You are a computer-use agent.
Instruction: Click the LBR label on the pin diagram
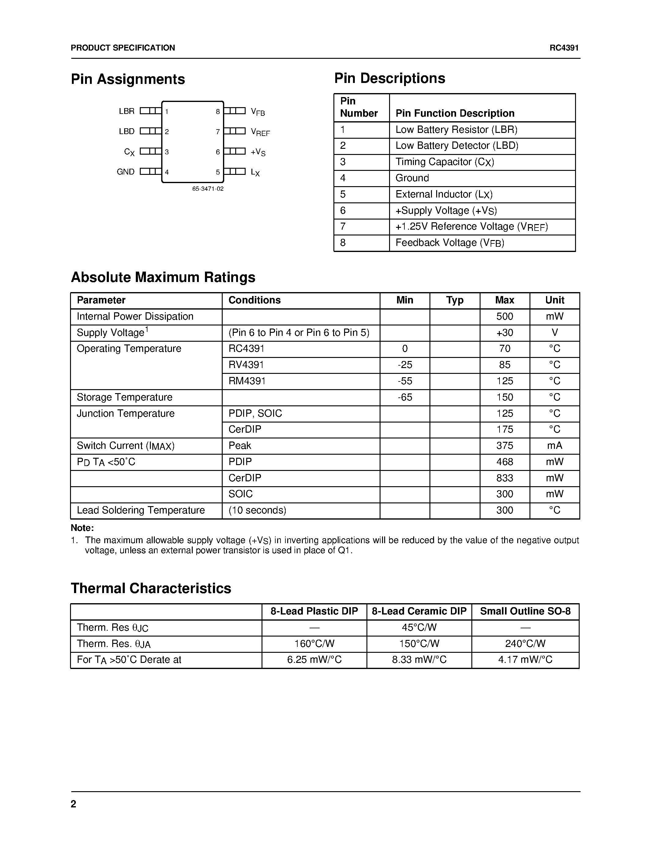pos(127,111)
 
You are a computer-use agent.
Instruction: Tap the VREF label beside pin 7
pos(260,132)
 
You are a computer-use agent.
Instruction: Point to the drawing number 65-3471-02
pos(208,189)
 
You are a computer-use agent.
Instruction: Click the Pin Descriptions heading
pos(389,78)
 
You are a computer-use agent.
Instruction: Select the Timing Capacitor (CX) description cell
pos(444,162)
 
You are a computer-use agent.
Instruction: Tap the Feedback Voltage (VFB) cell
pos(449,243)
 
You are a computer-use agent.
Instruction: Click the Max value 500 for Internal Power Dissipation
pos(504,317)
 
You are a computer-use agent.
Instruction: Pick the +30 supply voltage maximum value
pos(504,333)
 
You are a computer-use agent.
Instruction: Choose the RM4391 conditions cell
pos(247,381)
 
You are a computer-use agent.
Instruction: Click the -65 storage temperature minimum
pos(405,397)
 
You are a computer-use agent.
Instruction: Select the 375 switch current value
pos(504,446)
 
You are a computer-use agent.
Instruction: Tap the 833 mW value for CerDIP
pos(504,478)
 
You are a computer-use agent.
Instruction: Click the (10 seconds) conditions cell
pos(257,510)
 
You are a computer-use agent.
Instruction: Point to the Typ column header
pos(454,300)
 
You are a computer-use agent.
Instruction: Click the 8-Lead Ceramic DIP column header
pos(419,611)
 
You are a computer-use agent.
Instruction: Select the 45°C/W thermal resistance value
pos(419,628)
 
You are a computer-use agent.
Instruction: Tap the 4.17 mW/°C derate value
pos(525,660)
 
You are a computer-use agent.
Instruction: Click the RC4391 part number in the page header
pos(564,48)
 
